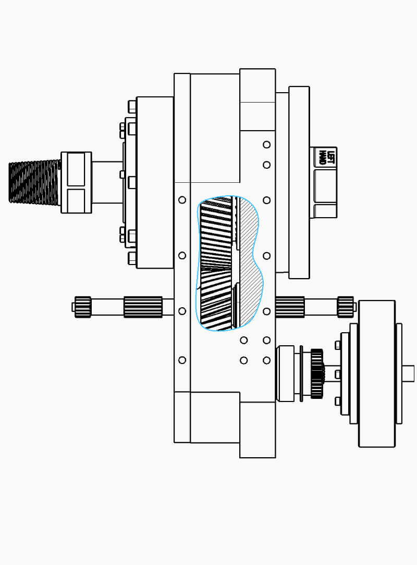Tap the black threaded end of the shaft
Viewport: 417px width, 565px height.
click(x=34, y=182)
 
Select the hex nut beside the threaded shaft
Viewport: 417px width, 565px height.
click(x=76, y=182)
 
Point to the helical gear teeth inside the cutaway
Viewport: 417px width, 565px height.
click(x=216, y=263)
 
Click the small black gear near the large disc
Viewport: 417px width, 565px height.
click(x=317, y=373)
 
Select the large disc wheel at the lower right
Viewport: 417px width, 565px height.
click(x=377, y=374)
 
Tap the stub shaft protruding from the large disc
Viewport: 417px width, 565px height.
click(x=408, y=373)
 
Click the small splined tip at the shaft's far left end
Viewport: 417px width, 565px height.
click(x=82, y=307)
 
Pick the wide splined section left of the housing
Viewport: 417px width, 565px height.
click(x=143, y=307)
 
